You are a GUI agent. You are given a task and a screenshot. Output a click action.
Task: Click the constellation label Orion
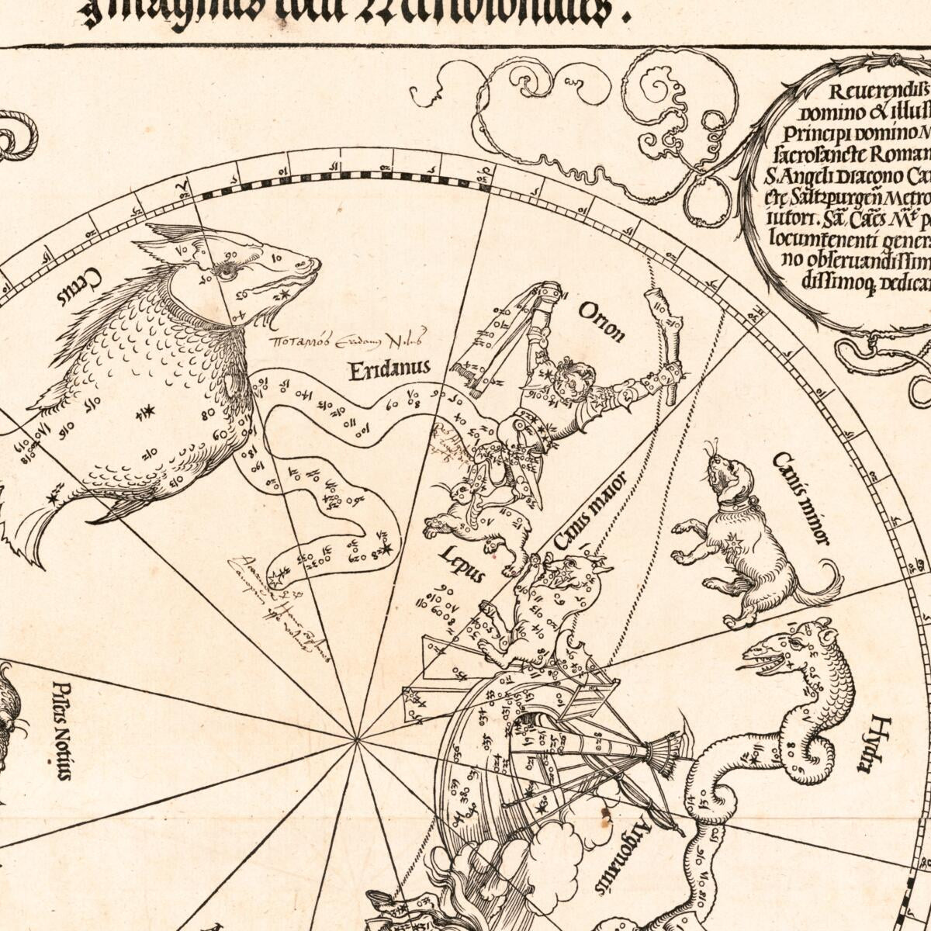pos(601,321)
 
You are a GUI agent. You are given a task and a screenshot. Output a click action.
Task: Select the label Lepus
pos(462,564)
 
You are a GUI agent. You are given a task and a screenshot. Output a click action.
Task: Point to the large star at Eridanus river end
pos(386,549)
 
